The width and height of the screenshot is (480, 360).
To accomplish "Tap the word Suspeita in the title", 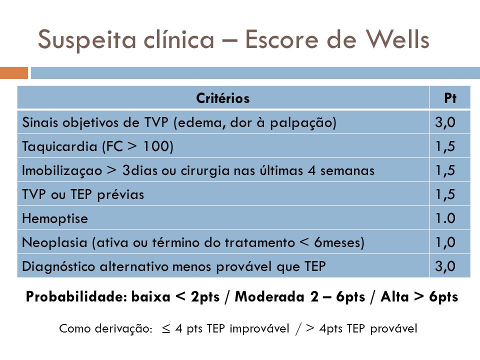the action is [x=87, y=40].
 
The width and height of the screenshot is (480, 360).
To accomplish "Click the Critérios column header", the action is [x=223, y=98].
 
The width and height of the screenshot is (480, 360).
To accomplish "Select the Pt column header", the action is [x=450, y=98].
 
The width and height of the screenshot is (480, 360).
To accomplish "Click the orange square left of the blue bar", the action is [x=14, y=73].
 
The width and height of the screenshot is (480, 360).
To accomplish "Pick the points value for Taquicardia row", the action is [x=445, y=146].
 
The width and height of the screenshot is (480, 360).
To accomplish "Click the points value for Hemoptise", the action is [x=445, y=218].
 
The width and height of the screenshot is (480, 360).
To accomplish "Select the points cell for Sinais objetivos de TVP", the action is [x=445, y=122].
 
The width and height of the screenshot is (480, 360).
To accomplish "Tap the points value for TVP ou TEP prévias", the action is [x=445, y=194].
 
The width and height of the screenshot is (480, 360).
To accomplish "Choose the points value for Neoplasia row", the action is [x=445, y=242].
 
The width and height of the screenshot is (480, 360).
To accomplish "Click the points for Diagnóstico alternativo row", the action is [x=445, y=266].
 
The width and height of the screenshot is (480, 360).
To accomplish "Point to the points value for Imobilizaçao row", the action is [x=445, y=170].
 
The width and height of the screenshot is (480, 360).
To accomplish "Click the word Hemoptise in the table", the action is [x=55, y=218].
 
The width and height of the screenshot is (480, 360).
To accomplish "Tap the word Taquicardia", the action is [x=59, y=146].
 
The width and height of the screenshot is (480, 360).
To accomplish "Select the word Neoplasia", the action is [x=54, y=243].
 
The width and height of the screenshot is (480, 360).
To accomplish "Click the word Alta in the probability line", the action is [x=394, y=296].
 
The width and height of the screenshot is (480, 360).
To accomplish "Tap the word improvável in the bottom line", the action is [x=259, y=328].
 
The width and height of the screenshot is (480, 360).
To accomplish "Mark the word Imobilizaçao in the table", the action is [x=62, y=170].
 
